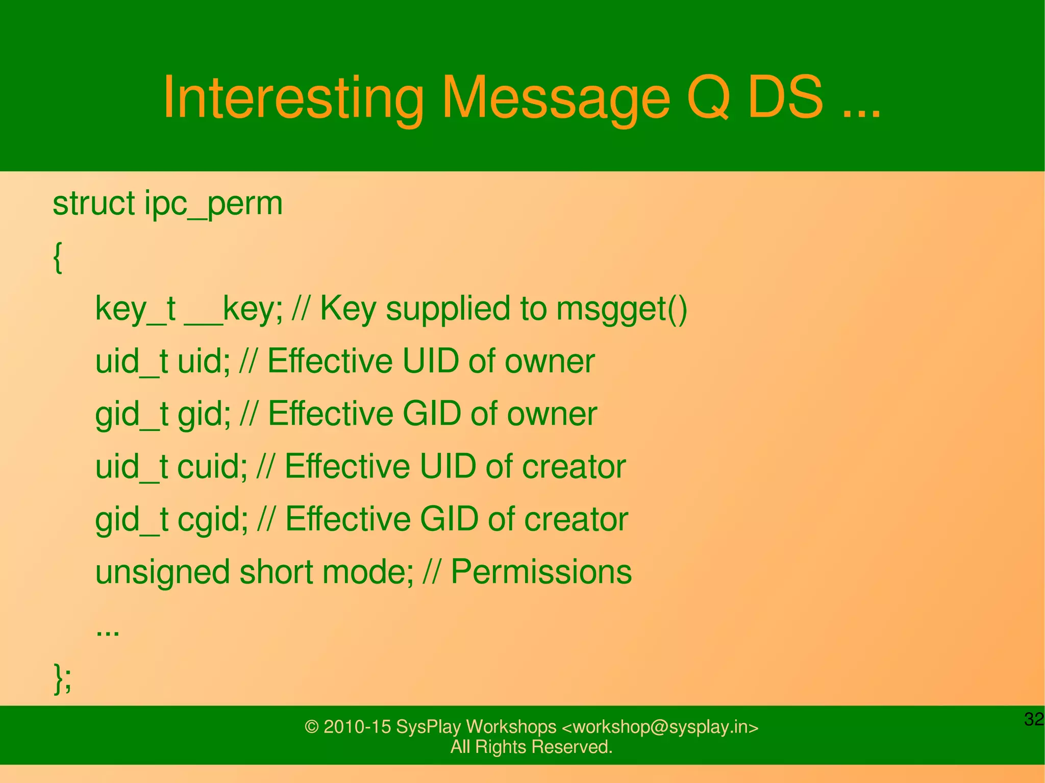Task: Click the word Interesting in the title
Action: click(x=292, y=98)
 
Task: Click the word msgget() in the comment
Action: click(x=621, y=309)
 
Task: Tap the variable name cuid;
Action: click(x=212, y=466)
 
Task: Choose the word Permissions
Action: click(x=541, y=571)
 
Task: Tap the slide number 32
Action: click(x=1034, y=719)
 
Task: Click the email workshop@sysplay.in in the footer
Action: click(x=660, y=727)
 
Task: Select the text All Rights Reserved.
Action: click(x=531, y=747)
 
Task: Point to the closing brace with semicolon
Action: click(x=62, y=678)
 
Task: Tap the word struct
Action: click(x=93, y=203)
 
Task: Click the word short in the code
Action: click(x=276, y=572)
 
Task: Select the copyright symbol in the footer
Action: click(x=311, y=727)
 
